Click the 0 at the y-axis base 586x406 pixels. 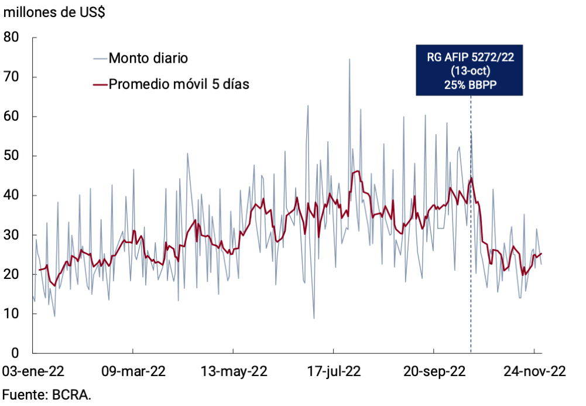[x=16, y=353]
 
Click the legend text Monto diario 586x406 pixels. [x=148, y=58]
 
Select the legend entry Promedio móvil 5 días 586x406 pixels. [x=179, y=84]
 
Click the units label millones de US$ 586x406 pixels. [x=54, y=13]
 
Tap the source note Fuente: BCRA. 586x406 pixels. [x=47, y=394]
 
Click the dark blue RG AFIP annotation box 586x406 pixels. [x=469, y=70]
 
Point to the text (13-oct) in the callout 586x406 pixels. [x=469, y=70]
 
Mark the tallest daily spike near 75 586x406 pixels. [x=349, y=60]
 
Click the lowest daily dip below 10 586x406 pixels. [x=314, y=318]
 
